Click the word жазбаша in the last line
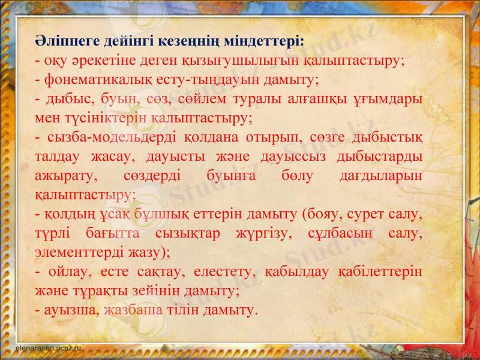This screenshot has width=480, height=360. pos(133,310)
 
